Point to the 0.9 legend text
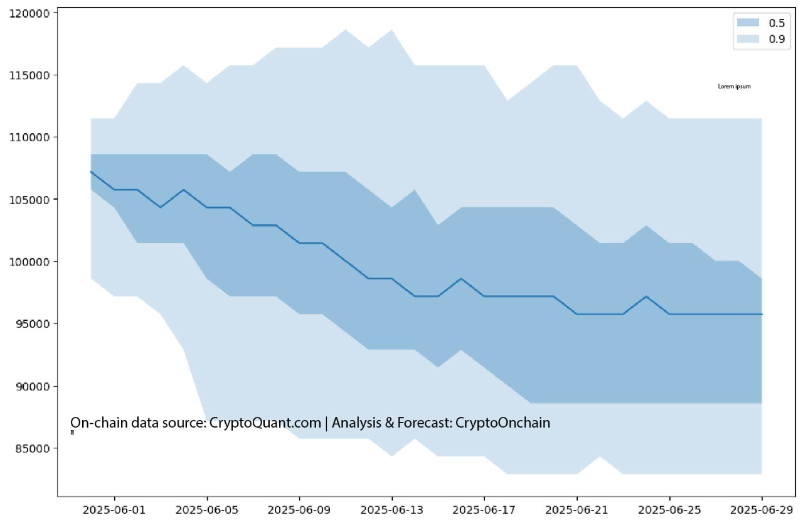click(x=776, y=39)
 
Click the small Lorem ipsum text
click(x=734, y=87)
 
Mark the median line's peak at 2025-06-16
click(x=461, y=278)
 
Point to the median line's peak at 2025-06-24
click(x=646, y=296)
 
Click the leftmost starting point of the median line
click(x=91, y=171)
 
